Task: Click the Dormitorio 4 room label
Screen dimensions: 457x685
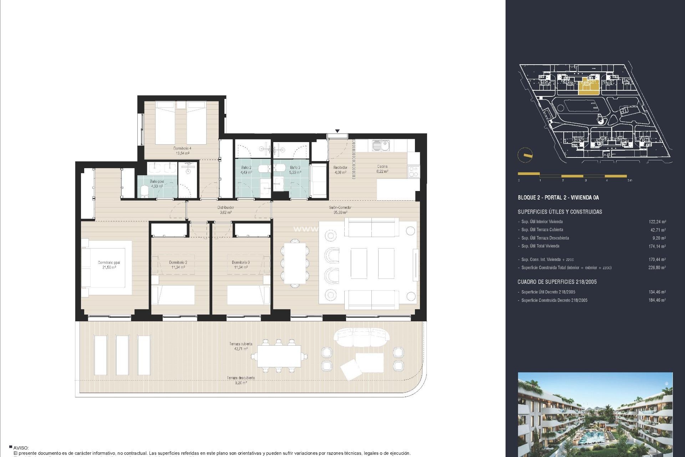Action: (182, 151)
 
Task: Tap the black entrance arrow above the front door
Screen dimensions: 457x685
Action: (337, 131)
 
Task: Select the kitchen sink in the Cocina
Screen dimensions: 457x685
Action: (380, 145)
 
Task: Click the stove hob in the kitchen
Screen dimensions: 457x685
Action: (413, 172)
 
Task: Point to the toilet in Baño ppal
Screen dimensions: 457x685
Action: (144, 192)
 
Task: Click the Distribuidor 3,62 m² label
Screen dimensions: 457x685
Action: (225, 210)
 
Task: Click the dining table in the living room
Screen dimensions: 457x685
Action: (295, 263)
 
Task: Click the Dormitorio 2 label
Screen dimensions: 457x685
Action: (178, 265)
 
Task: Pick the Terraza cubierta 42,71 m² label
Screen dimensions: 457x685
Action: (241, 346)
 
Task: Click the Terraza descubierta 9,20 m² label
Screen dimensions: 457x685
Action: (241, 380)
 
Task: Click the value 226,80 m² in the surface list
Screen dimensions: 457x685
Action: (656, 267)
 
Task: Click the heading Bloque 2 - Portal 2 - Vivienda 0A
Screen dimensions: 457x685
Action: (558, 197)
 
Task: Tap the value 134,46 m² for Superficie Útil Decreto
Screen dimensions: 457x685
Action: (656, 292)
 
